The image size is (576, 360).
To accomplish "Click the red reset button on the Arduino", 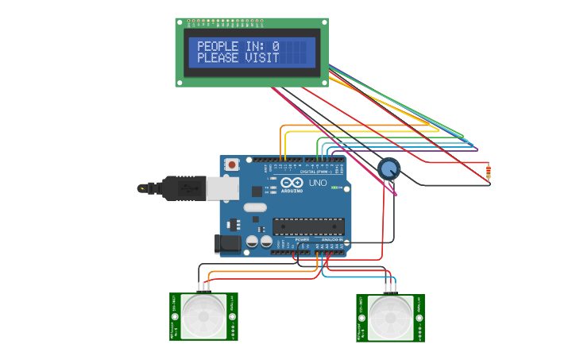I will pyautogui.click(x=232, y=165).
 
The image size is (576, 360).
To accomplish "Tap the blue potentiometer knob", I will pyautogui.click(x=389, y=168).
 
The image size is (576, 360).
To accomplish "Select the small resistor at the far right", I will pyautogui.click(x=488, y=171).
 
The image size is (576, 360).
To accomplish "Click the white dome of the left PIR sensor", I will pyautogui.click(x=203, y=316).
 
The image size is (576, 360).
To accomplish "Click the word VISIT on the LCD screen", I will pyautogui.click(x=263, y=58).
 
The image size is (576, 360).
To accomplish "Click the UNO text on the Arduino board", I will pyautogui.click(x=318, y=184).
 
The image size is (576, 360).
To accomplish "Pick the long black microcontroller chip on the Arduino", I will pyautogui.click(x=308, y=226).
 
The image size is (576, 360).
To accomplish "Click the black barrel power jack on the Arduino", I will pyautogui.click(x=227, y=244).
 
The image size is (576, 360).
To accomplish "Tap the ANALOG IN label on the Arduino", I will pyautogui.click(x=332, y=239).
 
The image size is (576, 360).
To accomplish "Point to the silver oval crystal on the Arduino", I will pyautogui.click(x=255, y=207).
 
